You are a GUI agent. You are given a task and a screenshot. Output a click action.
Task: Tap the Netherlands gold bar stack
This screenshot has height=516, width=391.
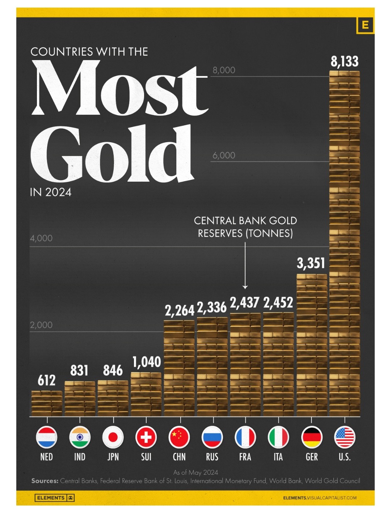(x=47, y=403)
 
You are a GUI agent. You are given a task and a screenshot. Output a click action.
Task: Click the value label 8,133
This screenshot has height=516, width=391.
(x=344, y=62)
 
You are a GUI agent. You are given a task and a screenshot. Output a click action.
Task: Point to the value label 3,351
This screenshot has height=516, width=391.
(x=311, y=263)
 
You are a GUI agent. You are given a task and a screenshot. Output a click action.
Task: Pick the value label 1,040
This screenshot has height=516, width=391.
(x=146, y=362)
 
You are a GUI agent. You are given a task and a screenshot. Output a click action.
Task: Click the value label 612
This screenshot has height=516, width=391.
(x=47, y=380)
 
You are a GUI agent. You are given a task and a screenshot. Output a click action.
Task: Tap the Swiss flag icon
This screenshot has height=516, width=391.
(x=146, y=437)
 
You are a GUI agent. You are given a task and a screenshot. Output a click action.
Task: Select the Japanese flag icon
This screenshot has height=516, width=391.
(x=113, y=437)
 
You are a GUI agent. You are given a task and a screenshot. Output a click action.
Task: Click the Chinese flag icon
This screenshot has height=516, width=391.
(x=179, y=437)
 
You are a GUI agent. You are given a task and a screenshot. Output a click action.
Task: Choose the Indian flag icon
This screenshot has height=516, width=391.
(x=80, y=437)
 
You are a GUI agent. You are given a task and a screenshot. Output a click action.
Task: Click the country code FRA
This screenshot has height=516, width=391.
(x=245, y=457)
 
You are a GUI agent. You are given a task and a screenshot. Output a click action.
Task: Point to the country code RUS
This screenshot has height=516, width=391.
(x=212, y=457)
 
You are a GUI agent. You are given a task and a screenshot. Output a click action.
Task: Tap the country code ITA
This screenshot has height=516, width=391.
(x=278, y=457)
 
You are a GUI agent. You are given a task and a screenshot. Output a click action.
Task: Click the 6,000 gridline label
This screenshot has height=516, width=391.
(x=224, y=156)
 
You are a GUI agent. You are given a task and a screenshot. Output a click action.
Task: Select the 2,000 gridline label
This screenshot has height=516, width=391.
(x=41, y=325)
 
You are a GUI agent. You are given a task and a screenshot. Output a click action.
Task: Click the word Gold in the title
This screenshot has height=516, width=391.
(x=112, y=154)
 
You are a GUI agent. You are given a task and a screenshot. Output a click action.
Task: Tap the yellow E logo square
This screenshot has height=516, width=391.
(x=365, y=25)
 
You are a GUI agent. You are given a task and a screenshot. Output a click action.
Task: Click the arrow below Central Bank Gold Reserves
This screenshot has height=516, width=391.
(x=245, y=266)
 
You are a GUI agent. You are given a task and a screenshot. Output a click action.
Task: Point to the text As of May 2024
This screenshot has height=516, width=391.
(x=195, y=472)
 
